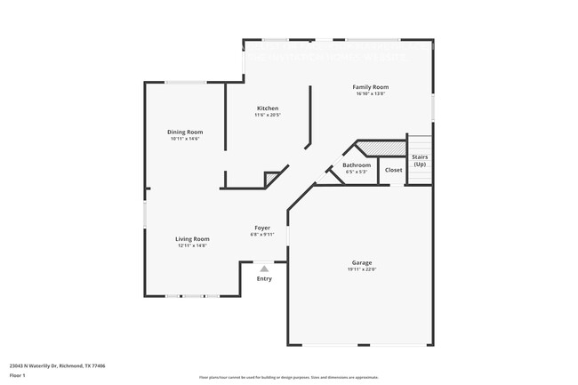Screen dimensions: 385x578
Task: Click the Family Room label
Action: tap(372, 87)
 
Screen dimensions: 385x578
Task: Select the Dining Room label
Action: tap(185, 132)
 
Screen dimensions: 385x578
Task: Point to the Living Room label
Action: tap(191, 238)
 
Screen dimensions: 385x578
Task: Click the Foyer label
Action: tap(262, 228)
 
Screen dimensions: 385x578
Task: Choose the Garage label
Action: tap(361, 262)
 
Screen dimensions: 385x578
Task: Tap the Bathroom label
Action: tap(357, 164)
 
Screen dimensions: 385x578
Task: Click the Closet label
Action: tap(393, 169)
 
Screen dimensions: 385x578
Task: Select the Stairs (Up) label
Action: tap(420, 160)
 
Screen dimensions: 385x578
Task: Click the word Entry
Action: tap(264, 278)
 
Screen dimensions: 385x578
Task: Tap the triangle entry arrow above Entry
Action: tap(263, 268)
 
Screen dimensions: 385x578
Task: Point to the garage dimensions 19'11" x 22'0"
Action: tap(361, 269)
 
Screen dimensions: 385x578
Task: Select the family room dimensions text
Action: tap(372, 93)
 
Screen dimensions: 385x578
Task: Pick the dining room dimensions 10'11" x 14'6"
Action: tap(185, 138)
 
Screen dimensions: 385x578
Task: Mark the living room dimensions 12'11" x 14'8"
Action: tap(191, 245)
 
